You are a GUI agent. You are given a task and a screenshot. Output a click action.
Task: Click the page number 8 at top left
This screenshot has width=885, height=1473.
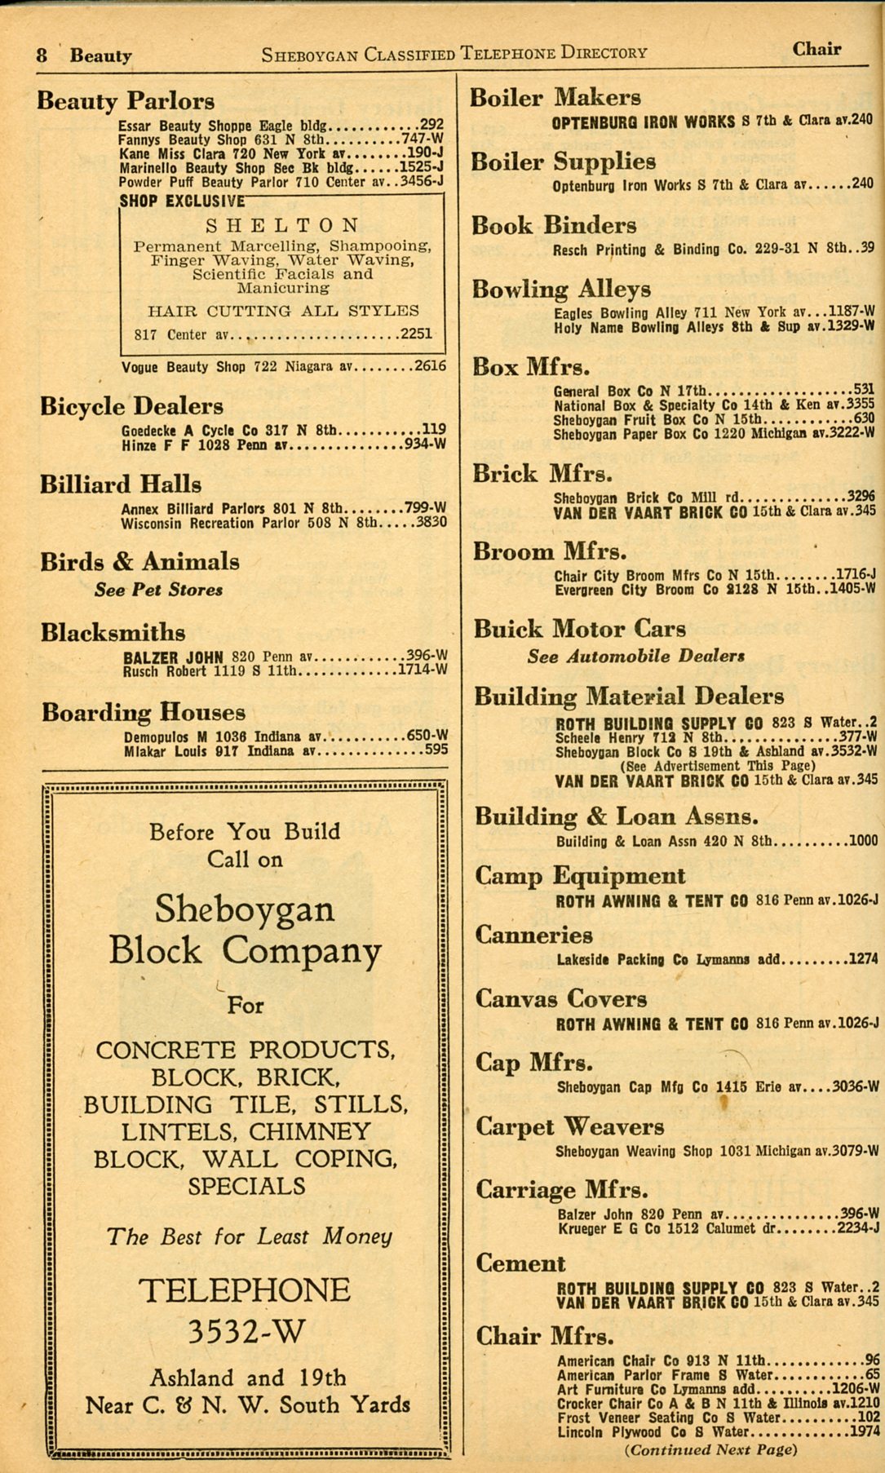point(42,55)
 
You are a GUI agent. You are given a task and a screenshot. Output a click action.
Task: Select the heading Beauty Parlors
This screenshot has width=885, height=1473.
point(126,101)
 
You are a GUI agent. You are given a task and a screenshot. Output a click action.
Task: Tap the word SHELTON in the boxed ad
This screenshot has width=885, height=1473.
point(282,225)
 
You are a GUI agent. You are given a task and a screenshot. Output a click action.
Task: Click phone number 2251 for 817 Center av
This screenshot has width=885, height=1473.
point(416,334)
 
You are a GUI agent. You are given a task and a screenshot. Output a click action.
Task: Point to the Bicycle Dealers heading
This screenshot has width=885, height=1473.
point(131,406)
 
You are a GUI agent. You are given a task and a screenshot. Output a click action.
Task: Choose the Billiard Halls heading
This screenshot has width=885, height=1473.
point(121,484)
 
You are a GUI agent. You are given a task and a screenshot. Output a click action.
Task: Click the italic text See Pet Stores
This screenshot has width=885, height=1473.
point(158,590)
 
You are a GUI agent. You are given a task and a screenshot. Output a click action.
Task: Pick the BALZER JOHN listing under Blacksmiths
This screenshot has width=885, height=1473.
point(173,657)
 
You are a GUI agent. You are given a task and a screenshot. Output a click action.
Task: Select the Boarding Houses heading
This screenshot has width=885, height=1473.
point(144,713)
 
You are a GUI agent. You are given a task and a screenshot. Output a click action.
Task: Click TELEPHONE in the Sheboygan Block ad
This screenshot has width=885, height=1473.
point(245,1290)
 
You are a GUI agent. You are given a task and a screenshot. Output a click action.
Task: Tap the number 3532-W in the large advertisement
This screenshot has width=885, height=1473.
point(246,1331)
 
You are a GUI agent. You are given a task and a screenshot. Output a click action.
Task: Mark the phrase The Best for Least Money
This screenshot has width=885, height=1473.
point(250,1237)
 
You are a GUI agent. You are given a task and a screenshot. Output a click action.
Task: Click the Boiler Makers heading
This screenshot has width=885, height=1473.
point(555,98)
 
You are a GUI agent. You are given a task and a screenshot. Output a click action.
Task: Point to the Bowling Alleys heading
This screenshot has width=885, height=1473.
point(561,290)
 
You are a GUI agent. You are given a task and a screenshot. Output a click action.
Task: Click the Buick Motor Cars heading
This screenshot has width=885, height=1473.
point(580,629)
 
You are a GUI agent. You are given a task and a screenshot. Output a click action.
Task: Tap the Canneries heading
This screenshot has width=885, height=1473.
point(534,935)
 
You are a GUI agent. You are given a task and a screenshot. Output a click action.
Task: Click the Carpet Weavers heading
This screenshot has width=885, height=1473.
point(570,1127)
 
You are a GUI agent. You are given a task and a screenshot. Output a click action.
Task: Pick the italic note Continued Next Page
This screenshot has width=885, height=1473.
point(710,1449)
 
